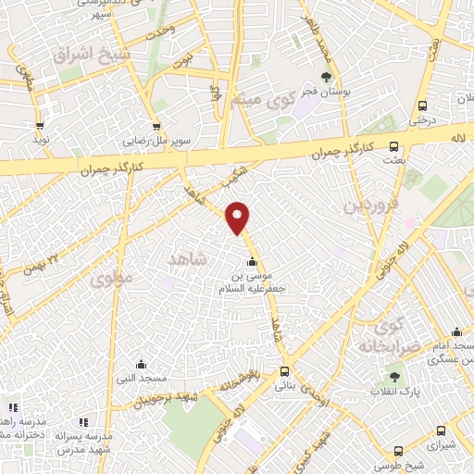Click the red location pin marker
click(x=239, y=218)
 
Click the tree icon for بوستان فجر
click(x=325, y=76)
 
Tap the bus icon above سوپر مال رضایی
click(x=156, y=127)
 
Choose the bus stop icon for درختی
click(x=422, y=105)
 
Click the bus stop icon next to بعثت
click(x=393, y=145)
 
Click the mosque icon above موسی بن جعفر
click(x=251, y=260)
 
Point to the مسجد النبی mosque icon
click(x=141, y=364)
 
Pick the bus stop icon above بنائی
click(x=283, y=372)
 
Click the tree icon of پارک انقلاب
click(x=395, y=377)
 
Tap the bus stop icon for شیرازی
click(x=441, y=430)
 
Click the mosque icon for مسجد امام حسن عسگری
click(x=456, y=331)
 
